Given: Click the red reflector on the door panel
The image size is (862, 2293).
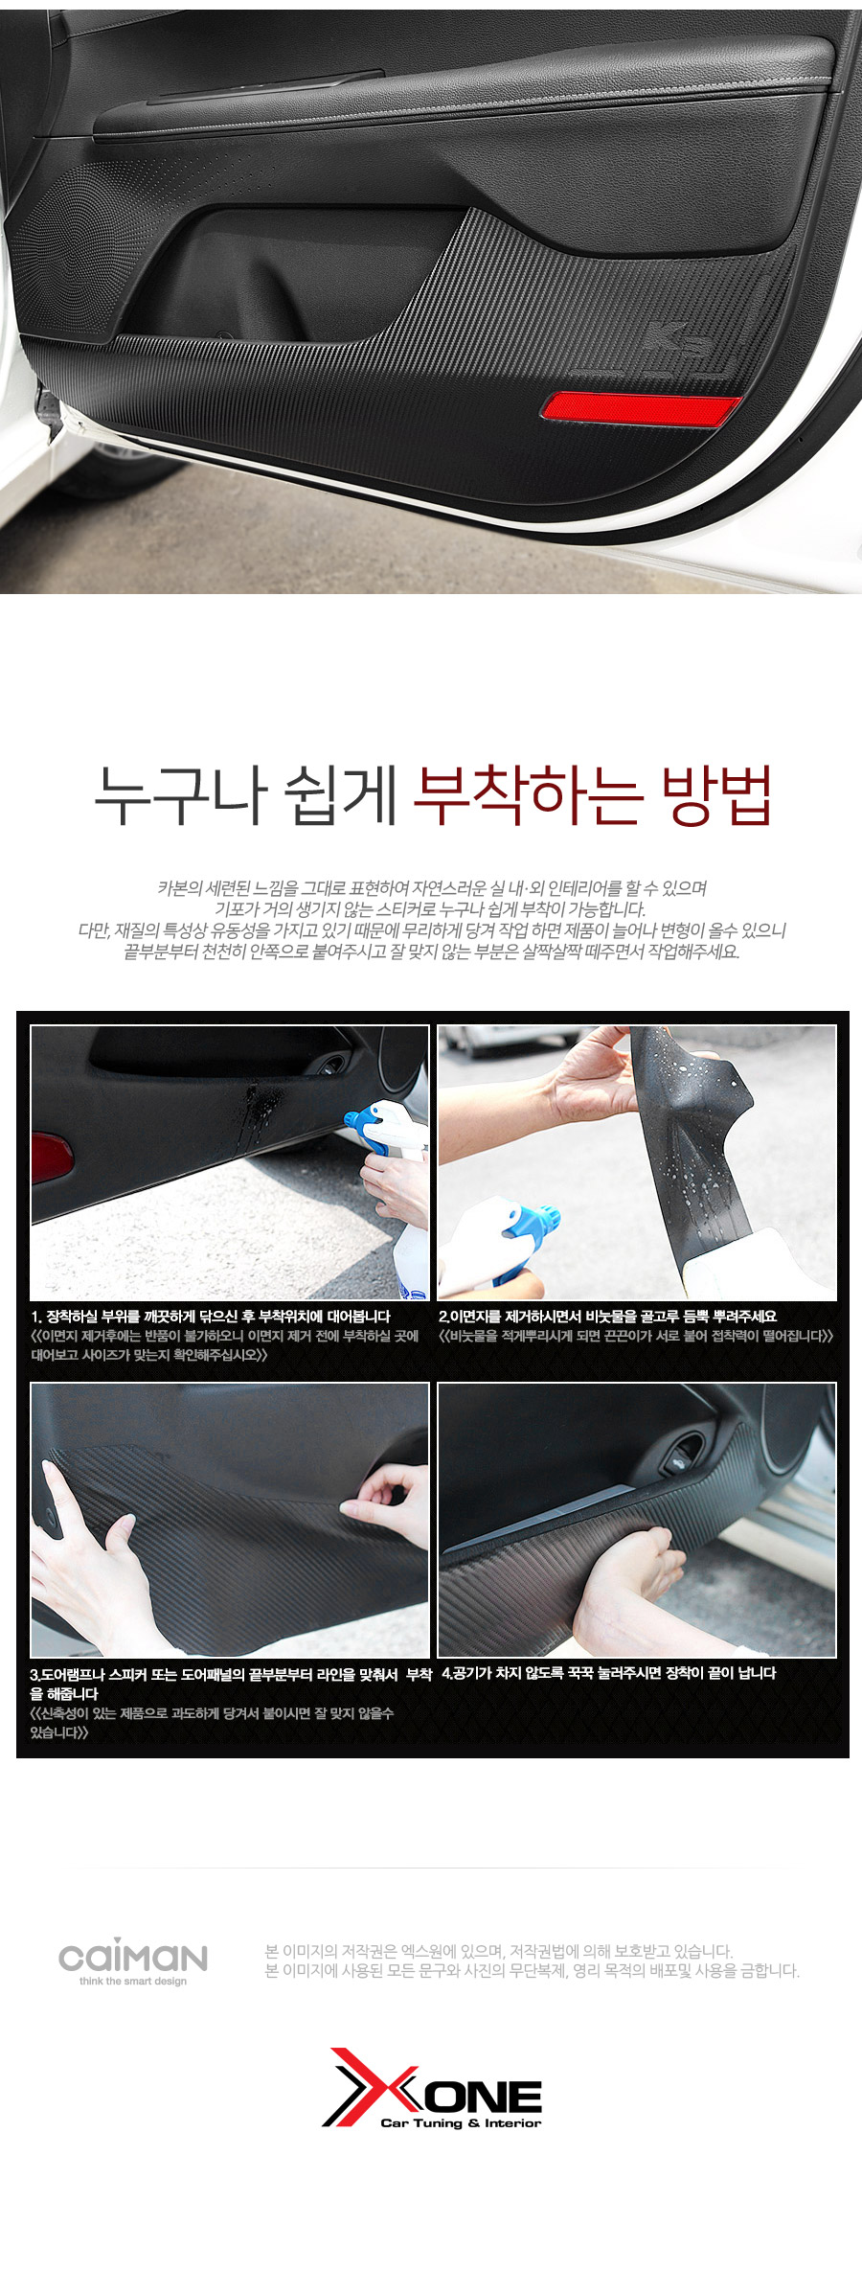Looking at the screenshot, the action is pos(640,407).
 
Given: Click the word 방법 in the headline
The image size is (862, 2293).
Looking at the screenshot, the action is pos(716,794).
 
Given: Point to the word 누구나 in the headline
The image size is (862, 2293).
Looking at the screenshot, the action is pos(179,796).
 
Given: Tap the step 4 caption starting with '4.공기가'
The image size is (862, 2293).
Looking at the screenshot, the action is pos(609,1673).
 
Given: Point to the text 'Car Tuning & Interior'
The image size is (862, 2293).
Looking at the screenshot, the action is pos(461,2122).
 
